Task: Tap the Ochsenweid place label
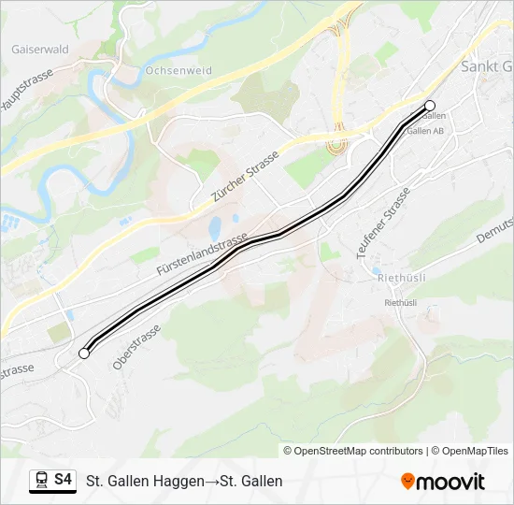(179, 70)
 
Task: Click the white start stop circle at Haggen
(84, 353)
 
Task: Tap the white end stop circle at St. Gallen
(430, 106)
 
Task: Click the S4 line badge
(63, 480)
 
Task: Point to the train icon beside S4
(41, 481)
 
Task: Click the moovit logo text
(451, 482)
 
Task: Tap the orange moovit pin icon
(407, 482)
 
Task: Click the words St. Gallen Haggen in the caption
(145, 482)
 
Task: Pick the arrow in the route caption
(211, 482)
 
